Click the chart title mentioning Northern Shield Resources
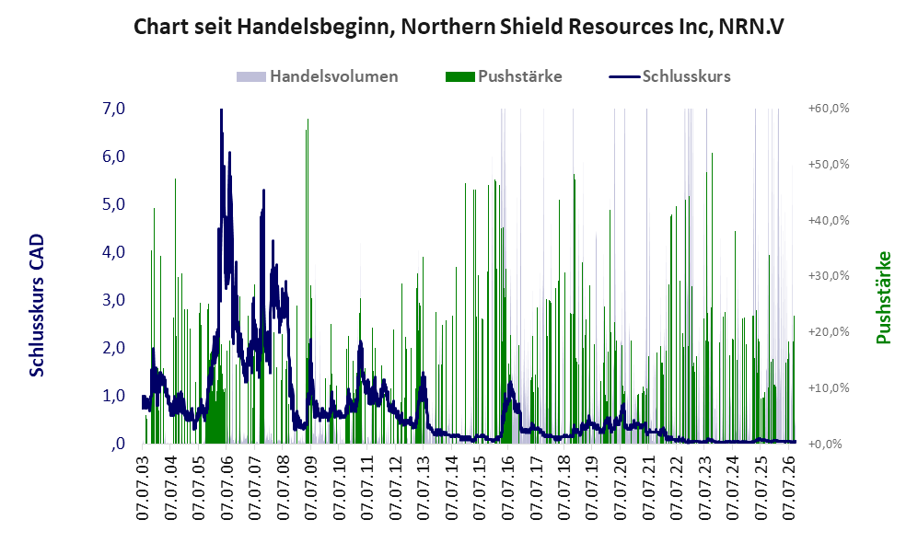(x=459, y=27)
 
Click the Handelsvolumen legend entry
(x=318, y=76)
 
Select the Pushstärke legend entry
(x=504, y=76)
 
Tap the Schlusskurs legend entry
(x=669, y=76)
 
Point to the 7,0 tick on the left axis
(x=113, y=109)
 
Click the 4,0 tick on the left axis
(x=113, y=252)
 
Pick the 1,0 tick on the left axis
(x=113, y=396)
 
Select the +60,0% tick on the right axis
(x=829, y=109)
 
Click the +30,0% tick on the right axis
(x=829, y=275)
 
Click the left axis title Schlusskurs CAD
(x=37, y=305)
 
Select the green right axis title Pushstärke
(x=883, y=297)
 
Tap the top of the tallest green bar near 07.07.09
(x=308, y=120)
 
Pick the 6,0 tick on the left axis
(x=113, y=156)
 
